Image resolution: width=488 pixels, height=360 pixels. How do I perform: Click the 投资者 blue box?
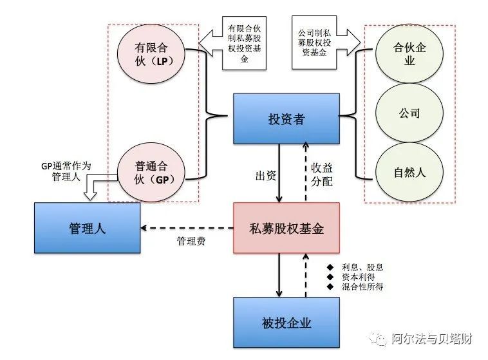click(286, 119)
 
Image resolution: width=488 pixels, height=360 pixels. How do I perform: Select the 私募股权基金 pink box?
click(286, 229)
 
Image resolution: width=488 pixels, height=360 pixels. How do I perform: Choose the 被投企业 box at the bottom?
click(286, 322)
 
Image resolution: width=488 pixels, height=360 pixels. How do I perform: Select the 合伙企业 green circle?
click(409, 54)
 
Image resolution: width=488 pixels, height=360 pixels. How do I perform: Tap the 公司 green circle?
click(409, 113)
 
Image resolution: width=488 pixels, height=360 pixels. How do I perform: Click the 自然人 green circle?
click(409, 173)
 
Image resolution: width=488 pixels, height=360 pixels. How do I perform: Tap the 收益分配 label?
click(322, 174)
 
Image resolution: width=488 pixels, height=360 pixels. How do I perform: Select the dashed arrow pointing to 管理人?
click(187, 227)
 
